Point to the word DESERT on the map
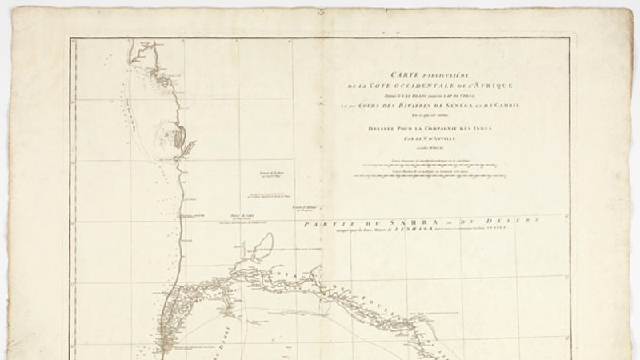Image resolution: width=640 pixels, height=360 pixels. [x=512, y=220]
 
